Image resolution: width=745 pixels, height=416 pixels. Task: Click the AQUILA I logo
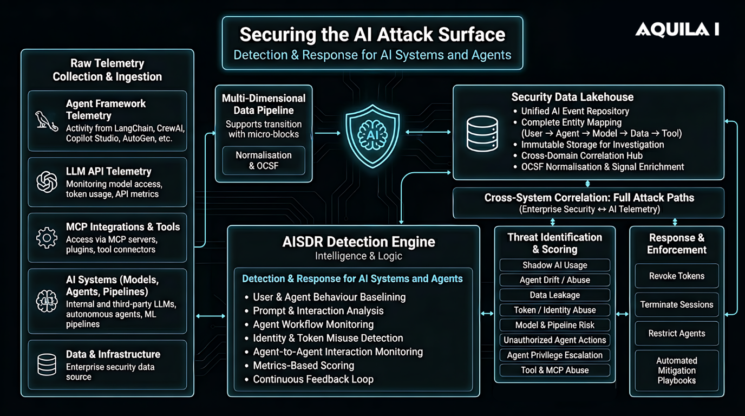677,30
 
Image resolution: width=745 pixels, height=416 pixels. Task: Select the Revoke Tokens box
676,276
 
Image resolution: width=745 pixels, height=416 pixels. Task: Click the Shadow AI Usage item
554,265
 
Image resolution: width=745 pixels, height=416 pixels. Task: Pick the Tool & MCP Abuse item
554,370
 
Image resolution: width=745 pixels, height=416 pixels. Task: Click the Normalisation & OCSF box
264,160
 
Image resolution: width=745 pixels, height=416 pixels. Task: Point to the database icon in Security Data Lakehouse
482,133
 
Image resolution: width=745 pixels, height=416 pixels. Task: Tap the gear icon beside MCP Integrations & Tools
47,238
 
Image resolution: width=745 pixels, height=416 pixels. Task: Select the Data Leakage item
554,295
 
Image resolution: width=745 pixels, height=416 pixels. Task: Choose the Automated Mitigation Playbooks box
676,370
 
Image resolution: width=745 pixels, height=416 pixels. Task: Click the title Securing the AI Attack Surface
372,35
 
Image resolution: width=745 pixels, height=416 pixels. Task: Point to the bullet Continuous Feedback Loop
313,379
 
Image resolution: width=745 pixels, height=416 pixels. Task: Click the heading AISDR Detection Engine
358,242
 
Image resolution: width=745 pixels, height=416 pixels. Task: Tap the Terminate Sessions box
676,304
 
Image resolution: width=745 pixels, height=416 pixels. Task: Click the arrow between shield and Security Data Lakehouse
428,132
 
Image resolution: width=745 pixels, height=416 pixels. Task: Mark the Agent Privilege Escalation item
554,355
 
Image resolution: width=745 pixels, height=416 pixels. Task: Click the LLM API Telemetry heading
108,171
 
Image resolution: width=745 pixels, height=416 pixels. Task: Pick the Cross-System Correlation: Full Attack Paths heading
589,198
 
